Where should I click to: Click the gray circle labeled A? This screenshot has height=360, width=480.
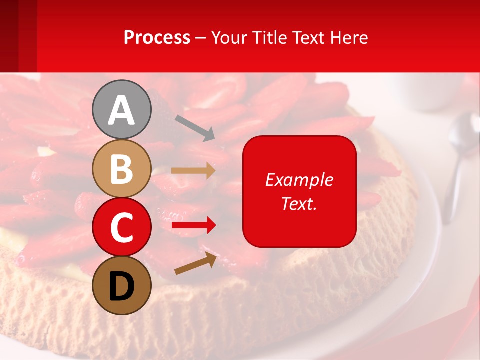point(122,109)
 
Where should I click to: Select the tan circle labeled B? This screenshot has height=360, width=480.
point(122,168)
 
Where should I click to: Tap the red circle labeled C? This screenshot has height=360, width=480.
point(122,227)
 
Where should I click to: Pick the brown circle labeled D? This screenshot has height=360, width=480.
point(122,285)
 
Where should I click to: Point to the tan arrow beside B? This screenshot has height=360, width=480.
point(193,171)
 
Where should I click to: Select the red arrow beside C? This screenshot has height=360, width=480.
point(194,226)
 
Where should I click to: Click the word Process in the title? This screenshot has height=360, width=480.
point(157,38)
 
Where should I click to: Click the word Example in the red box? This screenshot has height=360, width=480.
point(299,180)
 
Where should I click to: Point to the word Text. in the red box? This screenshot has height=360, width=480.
point(299,203)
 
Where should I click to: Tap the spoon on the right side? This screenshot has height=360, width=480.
point(457,160)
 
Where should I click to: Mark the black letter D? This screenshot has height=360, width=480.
point(122,286)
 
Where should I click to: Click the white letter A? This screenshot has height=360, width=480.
point(122,110)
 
